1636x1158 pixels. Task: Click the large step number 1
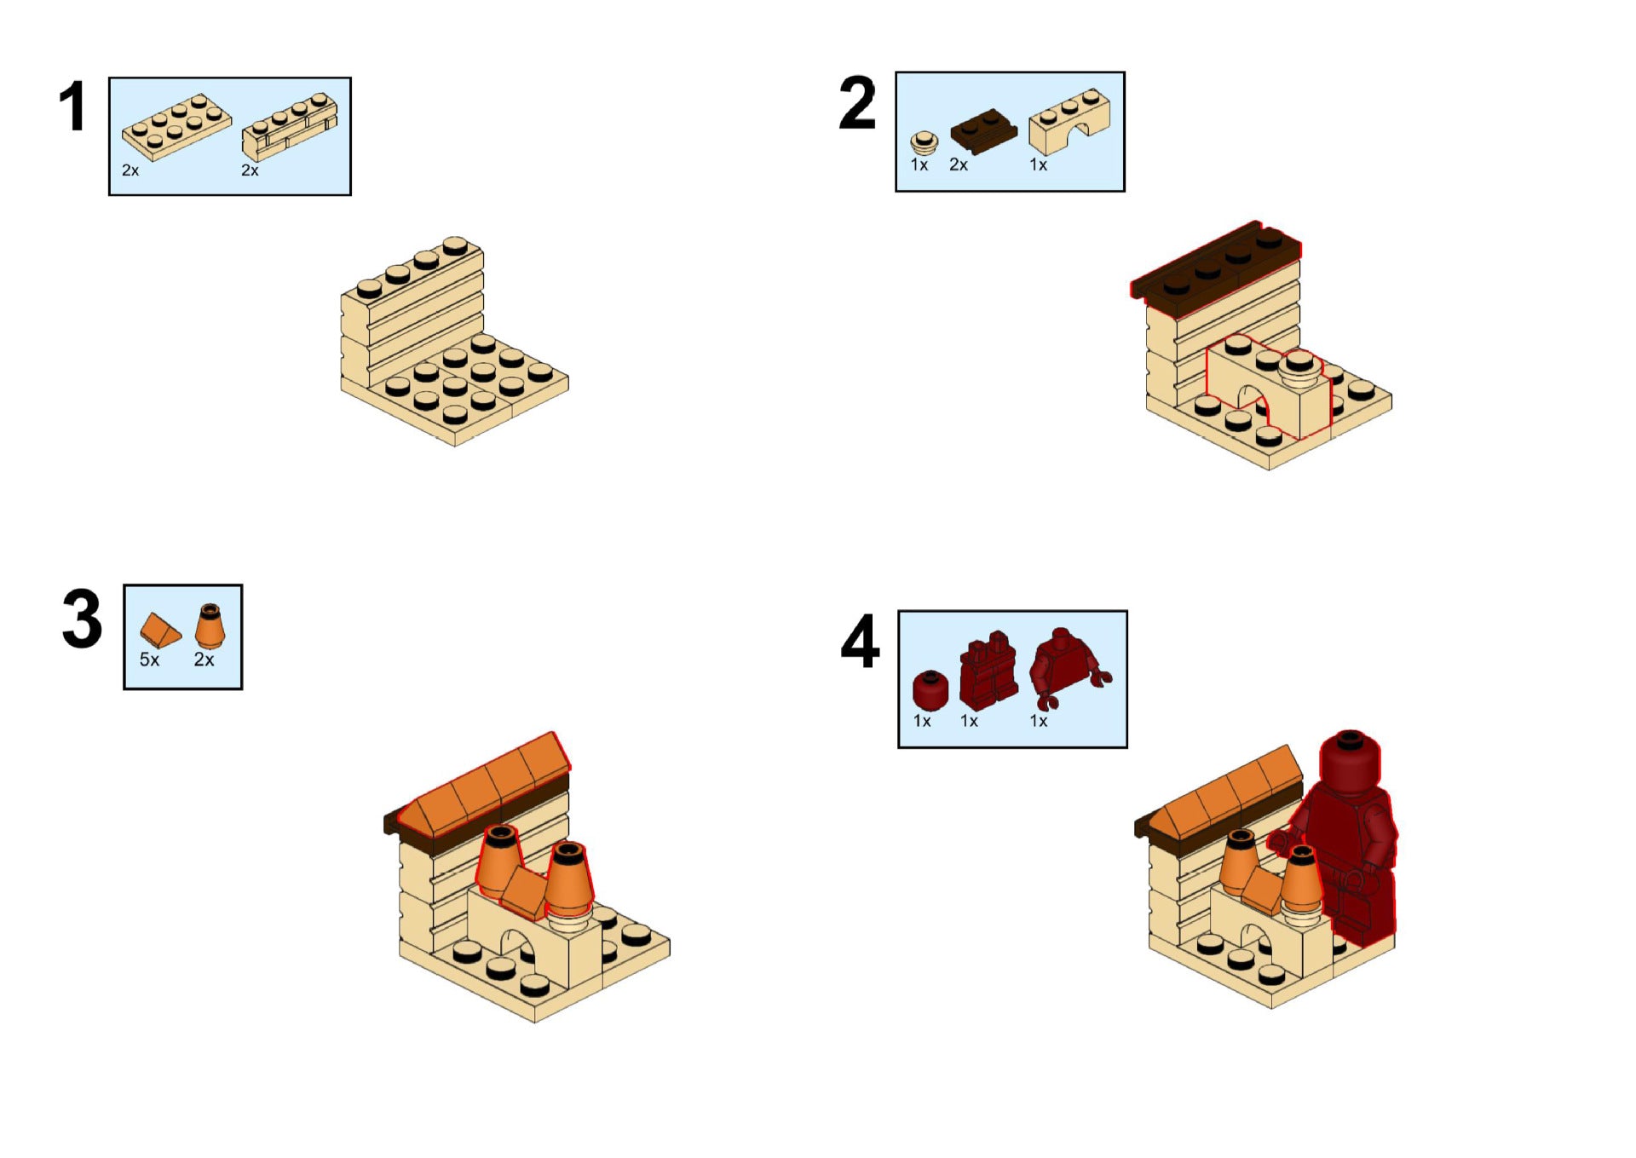click(73, 107)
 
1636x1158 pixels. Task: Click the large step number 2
click(857, 103)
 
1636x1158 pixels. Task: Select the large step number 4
click(860, 642)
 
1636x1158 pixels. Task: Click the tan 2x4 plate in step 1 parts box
click(176, 126)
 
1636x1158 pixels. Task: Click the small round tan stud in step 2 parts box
click(924, 143)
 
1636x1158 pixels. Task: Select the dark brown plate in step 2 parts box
click(983, 130)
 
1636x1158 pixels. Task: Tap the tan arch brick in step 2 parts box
click(1069, 122)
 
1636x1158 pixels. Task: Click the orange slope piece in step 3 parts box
click(160, 631)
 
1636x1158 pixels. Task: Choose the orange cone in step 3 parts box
click(210, 626)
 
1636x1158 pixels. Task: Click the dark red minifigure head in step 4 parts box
click(930, 690)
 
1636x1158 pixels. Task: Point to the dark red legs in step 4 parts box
click(988, 671)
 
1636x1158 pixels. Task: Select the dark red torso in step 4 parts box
click(1069, 667)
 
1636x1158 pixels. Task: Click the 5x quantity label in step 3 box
click(149, 660)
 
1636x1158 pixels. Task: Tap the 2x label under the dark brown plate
click(959, 164)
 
